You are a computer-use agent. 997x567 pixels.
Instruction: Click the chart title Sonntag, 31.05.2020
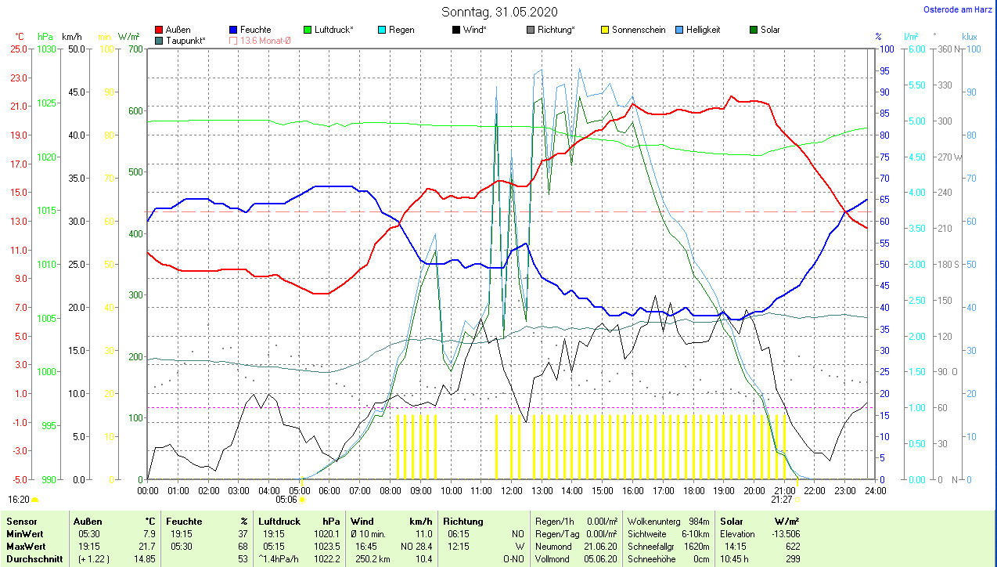tap(498, 12)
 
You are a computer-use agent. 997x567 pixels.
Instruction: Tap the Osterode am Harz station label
tap(959, 9)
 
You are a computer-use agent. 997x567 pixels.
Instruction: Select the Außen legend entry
tap(178, 30)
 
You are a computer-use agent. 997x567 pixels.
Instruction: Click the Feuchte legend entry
tap(255, 30)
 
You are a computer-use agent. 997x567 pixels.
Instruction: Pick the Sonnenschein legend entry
tap(639, 30)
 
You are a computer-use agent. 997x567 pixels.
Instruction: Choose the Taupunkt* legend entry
tap(185, 40)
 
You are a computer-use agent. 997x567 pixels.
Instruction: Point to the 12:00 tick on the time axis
tap(511, 491)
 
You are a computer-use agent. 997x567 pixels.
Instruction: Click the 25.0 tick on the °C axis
tap(19, 49)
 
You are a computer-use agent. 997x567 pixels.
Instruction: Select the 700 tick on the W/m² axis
tap(135, 49)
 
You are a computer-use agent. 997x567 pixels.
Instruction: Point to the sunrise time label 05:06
tap(286, 499)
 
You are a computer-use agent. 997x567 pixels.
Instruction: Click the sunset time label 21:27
tap(781, 499)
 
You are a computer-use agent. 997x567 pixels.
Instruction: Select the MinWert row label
tap(23, 533)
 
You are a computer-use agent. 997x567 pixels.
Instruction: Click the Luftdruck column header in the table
tap(279, 521)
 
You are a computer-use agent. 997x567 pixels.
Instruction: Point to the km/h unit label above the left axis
tap(72, 37)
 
